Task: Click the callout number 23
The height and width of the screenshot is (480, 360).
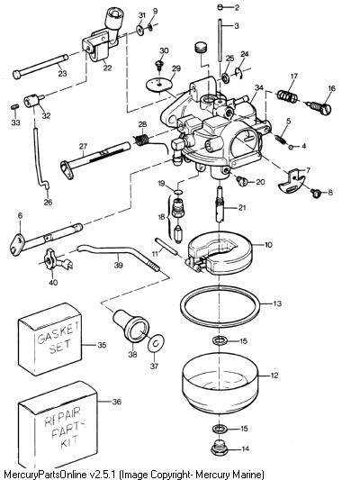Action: click(62, 74)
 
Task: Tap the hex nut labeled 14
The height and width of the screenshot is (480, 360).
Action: click(218, 448)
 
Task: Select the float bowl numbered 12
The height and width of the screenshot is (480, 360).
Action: click(220, 383)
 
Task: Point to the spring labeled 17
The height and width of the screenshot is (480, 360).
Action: click(287, 95)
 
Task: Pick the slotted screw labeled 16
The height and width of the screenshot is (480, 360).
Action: click(318, 107)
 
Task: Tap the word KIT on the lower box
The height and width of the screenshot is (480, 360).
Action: click(69, 441)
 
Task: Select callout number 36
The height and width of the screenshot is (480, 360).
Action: click(117, 402)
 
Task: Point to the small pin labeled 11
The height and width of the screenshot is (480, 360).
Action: click(166, 246)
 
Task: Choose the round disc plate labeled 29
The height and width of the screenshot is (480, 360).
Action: click(158, 85)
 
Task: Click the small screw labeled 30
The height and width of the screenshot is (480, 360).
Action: click(159, 66)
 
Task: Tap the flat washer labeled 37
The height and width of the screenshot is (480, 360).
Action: click(156, 344)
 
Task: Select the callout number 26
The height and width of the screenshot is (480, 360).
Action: click(49, 202)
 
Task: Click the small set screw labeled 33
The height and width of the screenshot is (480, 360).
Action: click(15, 106)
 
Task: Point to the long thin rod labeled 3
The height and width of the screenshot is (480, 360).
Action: click(220, 41)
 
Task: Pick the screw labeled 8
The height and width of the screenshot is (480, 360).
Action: click(316, 193)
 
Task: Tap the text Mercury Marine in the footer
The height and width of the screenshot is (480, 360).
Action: click(229, 475)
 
